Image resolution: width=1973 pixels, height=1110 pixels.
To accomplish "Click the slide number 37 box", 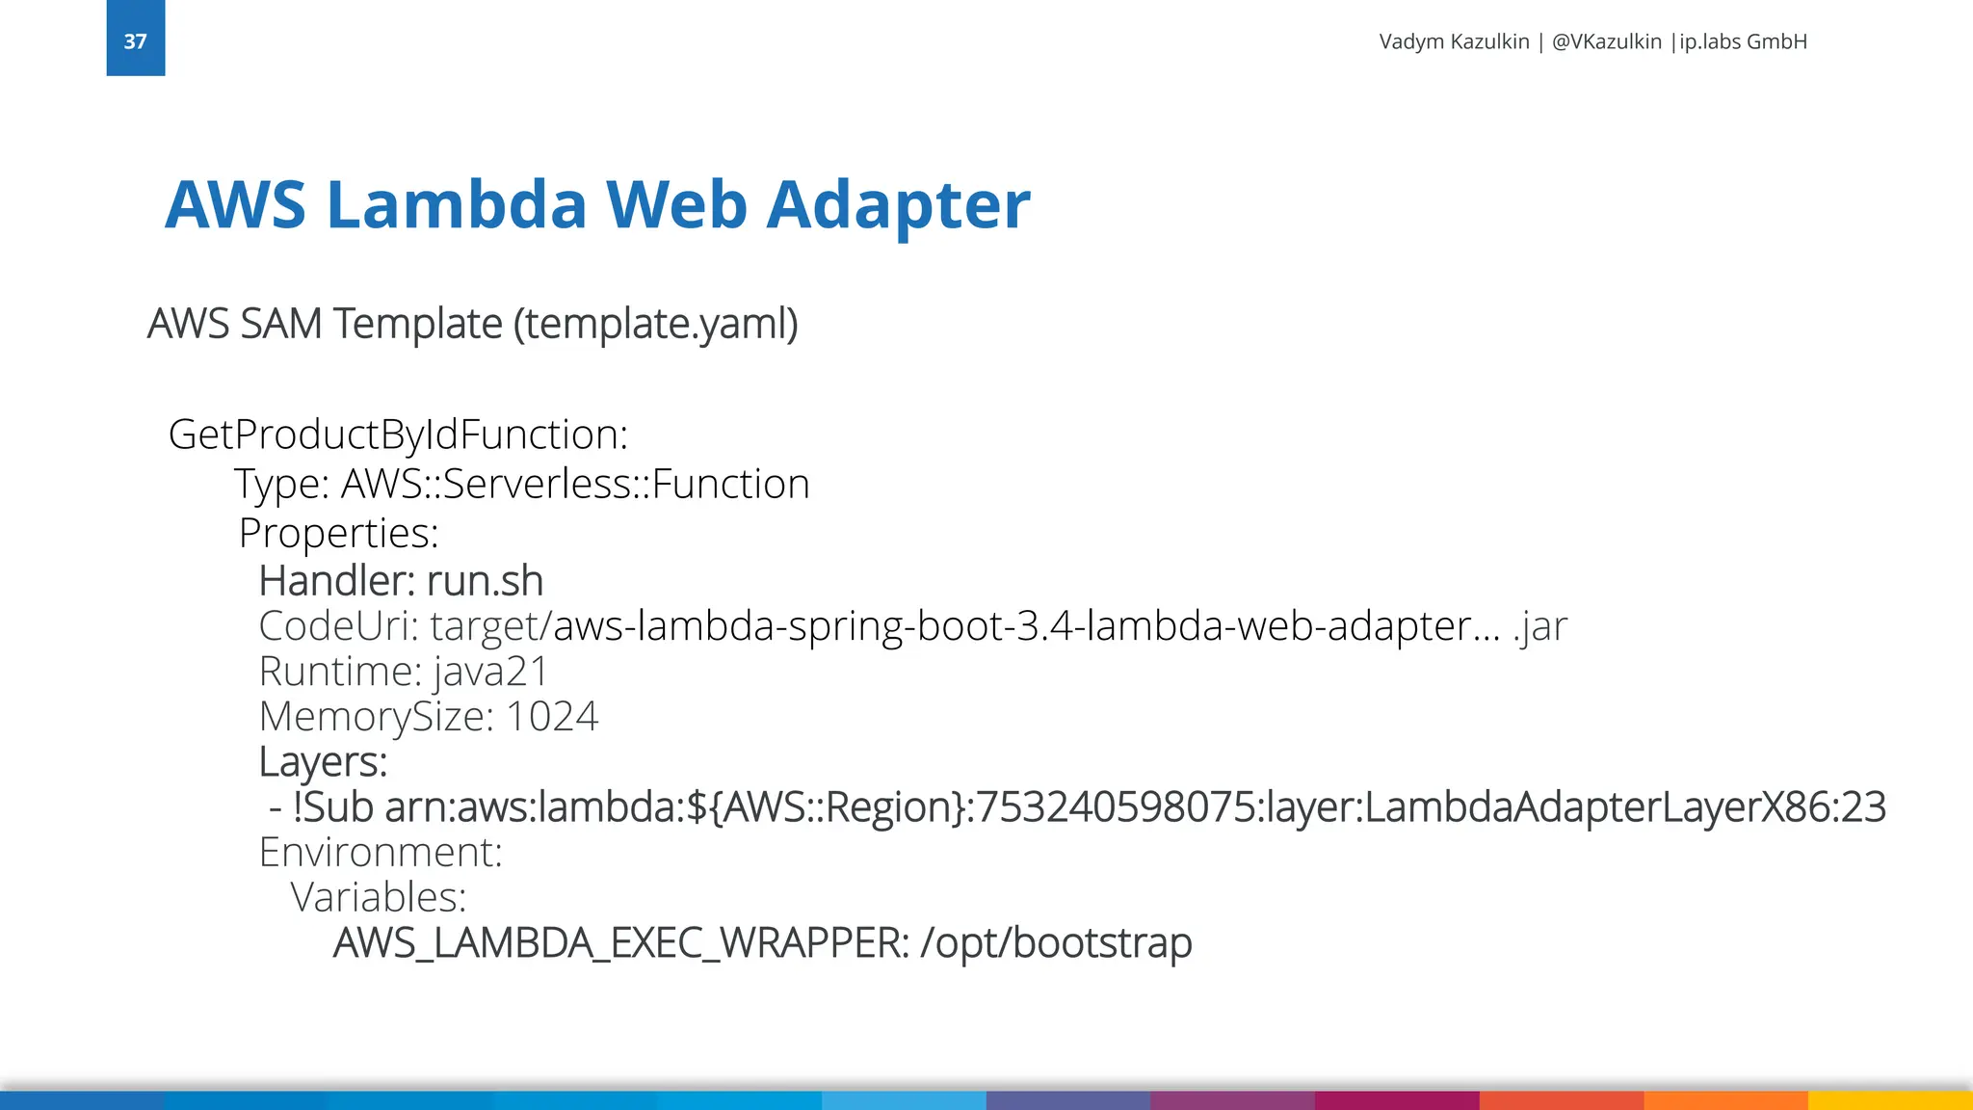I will (x=135, y=39).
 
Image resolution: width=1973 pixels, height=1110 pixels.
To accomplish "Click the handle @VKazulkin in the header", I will (x=1607, y=41).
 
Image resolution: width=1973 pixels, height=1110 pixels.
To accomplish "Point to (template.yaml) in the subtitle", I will (x=655, y=324).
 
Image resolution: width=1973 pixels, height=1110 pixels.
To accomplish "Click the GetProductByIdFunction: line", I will (x=398, y=435).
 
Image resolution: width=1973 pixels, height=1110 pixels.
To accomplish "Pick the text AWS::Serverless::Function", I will (x=575, y=484).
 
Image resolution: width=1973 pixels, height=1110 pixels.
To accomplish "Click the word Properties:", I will (x=338, y=533).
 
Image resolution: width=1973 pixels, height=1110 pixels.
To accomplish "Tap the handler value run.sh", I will (x=485, y=581).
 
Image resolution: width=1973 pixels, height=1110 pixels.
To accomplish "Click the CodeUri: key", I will (x=338, y=626).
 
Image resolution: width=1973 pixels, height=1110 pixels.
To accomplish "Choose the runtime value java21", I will (x=490, y=672).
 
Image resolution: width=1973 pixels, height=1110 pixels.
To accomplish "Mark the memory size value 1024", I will (x=551, y=717).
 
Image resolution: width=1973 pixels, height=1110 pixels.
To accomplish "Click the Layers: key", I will (x=323, y=762).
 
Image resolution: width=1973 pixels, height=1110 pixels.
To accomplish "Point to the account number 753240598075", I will (x=1115, y=807).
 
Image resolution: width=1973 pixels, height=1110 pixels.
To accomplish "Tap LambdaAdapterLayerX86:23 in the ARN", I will (x=1625, y=807).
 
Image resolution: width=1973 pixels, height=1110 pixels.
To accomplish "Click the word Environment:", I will (x=381, y=853).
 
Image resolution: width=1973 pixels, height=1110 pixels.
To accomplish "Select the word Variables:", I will (x=379, y=898).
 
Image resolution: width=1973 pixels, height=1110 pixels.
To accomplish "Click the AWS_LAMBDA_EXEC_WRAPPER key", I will (x=620, y=943).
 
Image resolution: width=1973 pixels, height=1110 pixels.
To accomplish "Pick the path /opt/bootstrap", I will (x=1056, y=943).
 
